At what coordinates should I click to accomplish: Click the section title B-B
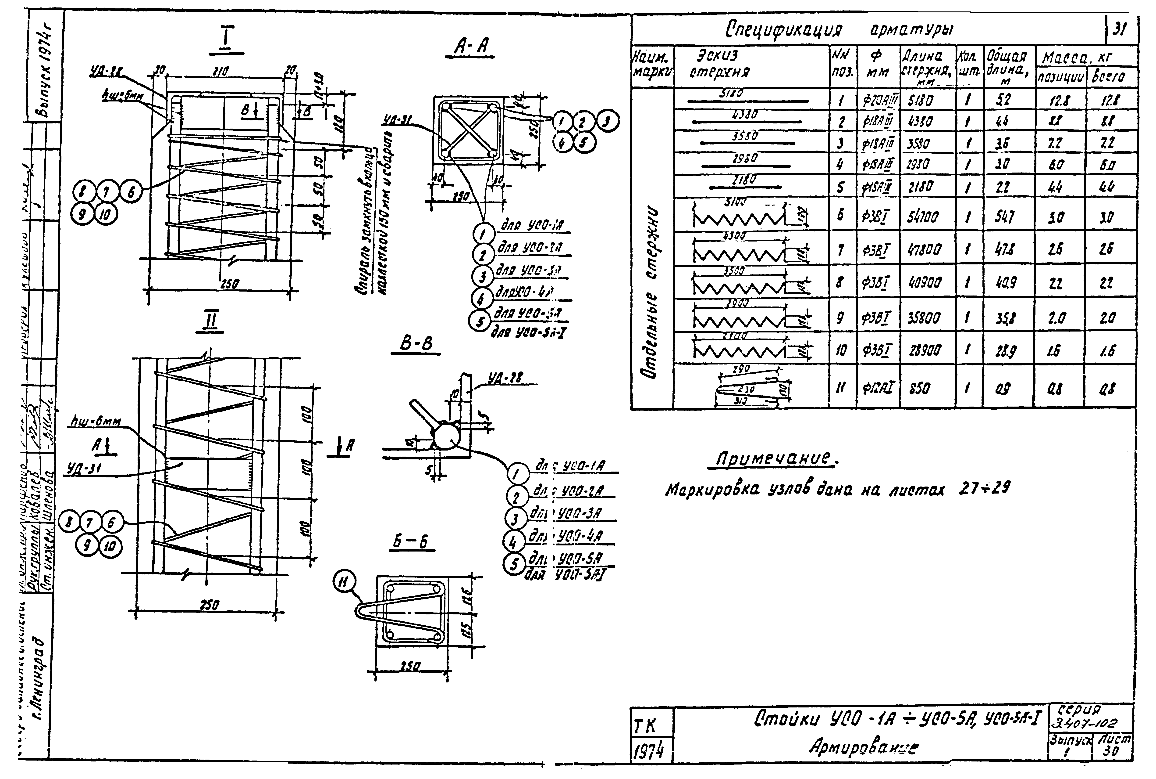point(416,344)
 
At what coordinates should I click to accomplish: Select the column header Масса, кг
point(1077,58)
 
